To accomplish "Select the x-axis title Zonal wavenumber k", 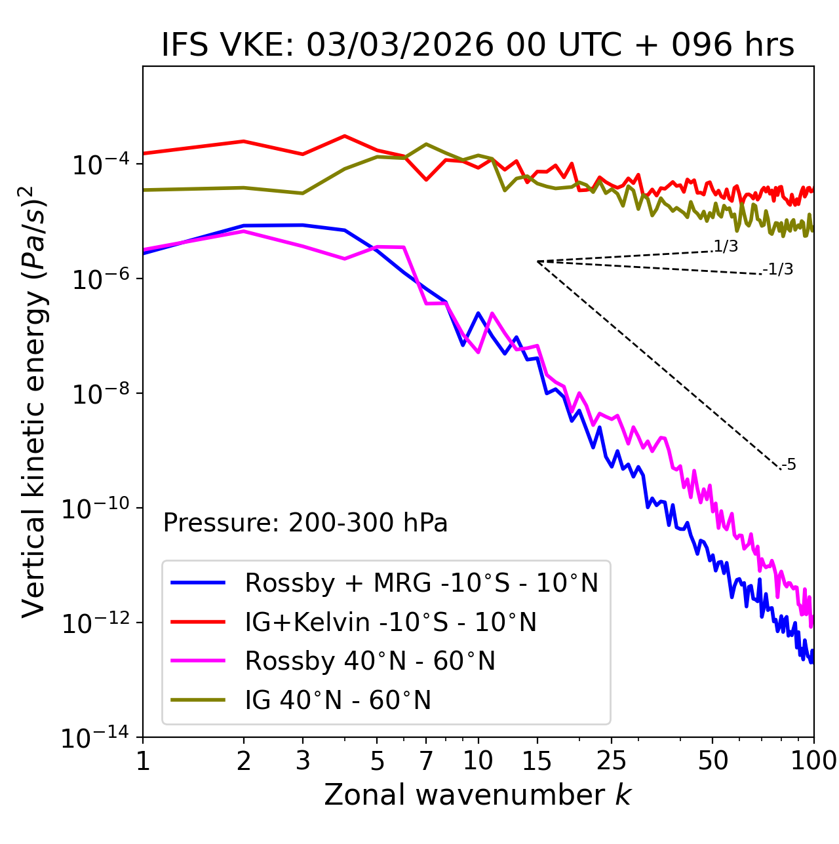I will [478, 795].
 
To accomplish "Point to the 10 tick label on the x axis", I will [478, 761].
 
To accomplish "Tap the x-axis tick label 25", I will [612, 761].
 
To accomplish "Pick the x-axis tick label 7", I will [426, 761].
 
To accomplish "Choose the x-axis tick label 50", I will [712, 761].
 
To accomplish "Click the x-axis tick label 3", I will [302, 761].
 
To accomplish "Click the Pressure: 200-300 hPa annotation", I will [305, 524].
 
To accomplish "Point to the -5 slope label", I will [789, 465].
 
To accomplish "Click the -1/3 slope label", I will [779, 269].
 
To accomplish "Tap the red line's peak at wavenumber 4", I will [345, 136].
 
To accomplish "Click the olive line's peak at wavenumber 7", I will [426, 144].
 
